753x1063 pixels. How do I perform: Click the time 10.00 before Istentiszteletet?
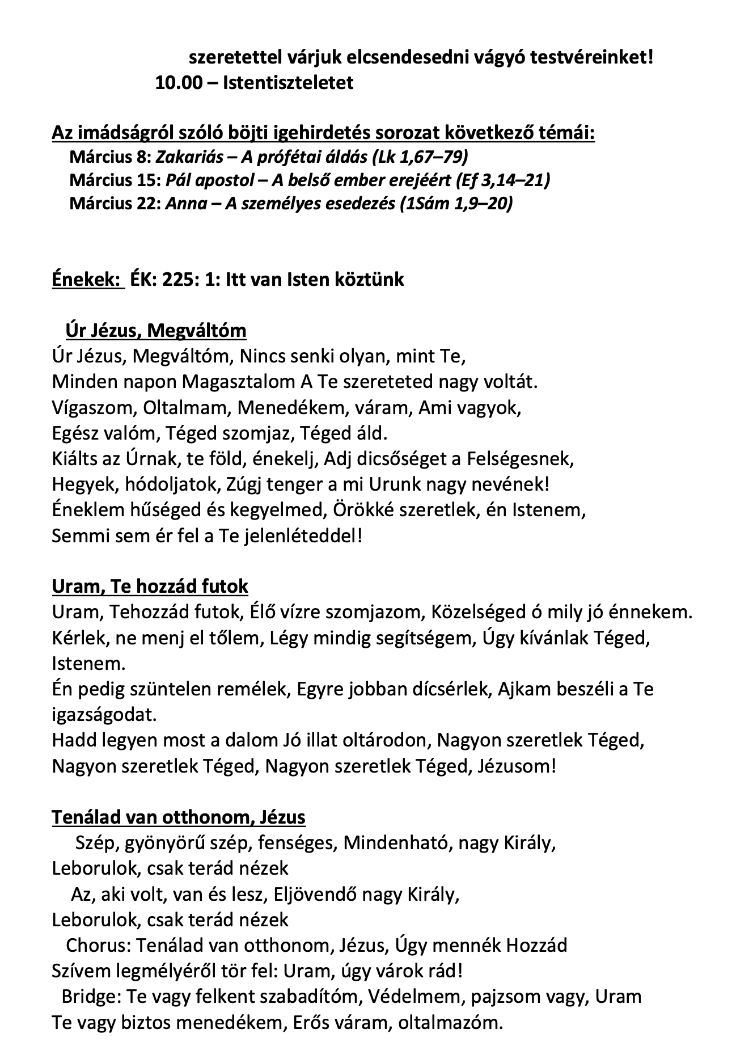coord(178,83)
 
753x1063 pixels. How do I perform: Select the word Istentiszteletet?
coord(288,83)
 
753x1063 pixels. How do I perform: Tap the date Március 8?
coord(110,157)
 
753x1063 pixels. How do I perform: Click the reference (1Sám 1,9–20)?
coord(456,203)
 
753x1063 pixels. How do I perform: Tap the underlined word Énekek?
coord(87,279)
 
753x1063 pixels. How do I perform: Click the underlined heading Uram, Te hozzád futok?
coord(150,586)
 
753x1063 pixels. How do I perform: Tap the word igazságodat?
coord(104,714)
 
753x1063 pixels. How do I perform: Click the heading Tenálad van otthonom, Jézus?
coord(179,817)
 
